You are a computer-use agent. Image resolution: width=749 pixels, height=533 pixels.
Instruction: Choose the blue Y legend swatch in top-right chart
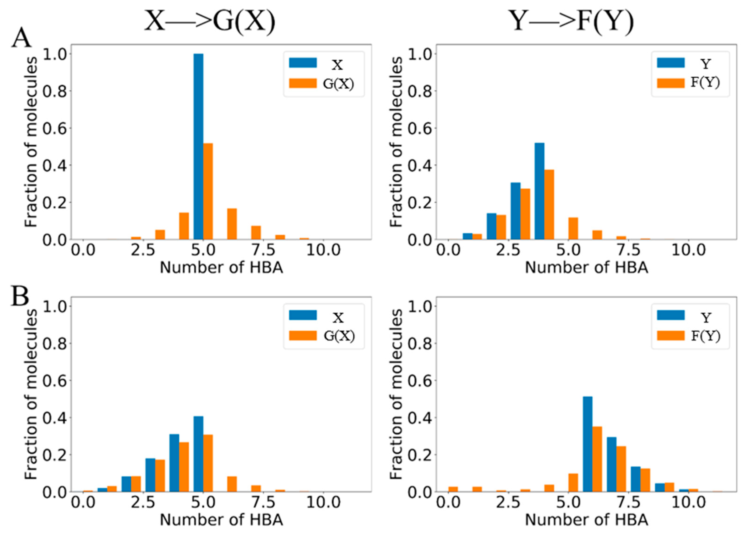click(671, 63)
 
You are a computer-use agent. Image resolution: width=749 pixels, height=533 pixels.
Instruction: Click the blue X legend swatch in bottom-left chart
click(302, 315)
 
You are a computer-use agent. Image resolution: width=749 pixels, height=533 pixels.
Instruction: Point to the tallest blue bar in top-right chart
click(539, 191)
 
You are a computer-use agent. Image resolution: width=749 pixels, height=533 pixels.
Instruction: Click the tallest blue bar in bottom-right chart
click(587, 444)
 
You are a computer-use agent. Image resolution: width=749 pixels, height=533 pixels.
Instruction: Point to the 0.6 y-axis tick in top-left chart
click(54, 128)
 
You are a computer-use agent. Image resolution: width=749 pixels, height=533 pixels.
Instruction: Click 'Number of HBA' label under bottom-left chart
click(221, 520)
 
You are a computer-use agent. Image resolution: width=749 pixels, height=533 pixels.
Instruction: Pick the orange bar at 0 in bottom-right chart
click(453, 489)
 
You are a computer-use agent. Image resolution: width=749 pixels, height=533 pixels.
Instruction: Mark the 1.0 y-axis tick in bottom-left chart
click(54, 306)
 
